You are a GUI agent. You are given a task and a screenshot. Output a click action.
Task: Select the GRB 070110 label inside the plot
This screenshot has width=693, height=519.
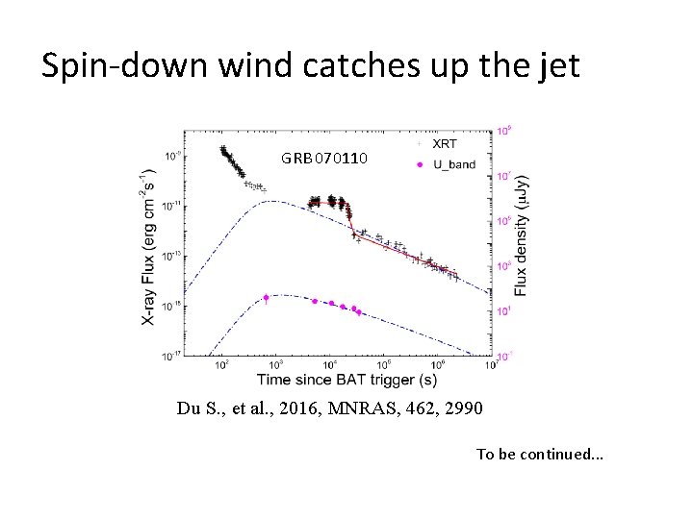[323, 158]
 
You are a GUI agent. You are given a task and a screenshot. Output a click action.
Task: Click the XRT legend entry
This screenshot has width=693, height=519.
[445, 144]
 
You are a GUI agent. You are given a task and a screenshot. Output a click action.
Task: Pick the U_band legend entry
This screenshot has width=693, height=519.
[453, 164]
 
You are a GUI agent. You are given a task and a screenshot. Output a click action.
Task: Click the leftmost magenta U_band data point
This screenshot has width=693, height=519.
[267, 297]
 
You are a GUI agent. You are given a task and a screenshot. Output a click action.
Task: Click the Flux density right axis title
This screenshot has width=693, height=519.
[521, 235]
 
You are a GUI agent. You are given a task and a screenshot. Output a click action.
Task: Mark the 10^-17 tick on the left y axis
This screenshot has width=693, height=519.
[170, 356]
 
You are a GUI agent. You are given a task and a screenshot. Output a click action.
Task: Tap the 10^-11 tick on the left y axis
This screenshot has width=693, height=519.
[170, 205]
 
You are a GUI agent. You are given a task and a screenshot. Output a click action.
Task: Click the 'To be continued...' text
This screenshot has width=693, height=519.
[540, 454]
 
